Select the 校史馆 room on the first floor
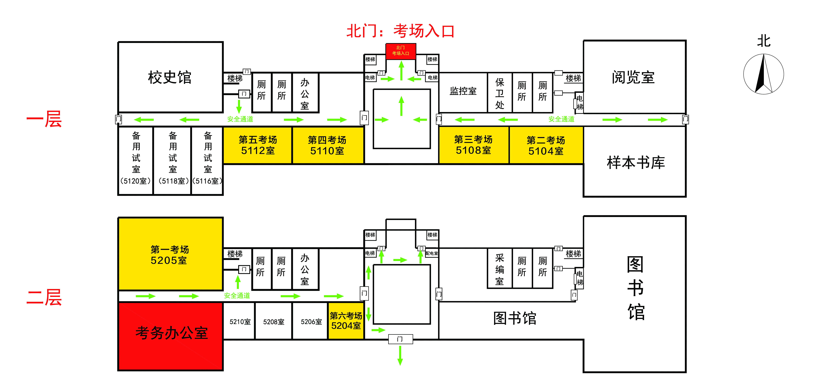(x=170, y=77)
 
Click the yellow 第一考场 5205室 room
(x=170, y=254)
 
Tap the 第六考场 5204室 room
(x=346, y=321)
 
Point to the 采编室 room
(x=500, y=268)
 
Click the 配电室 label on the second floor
(x=432, y=253)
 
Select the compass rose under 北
(x=764, y=74)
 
